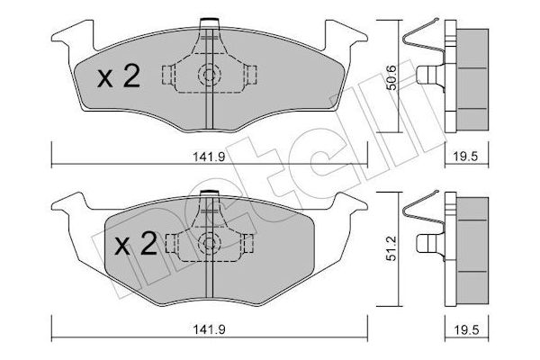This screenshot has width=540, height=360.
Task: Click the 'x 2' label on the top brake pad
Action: (x=118, y=78)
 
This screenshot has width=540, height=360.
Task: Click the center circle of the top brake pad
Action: (x=208, y=76)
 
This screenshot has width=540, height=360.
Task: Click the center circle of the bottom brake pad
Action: (x=208, y=241)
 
